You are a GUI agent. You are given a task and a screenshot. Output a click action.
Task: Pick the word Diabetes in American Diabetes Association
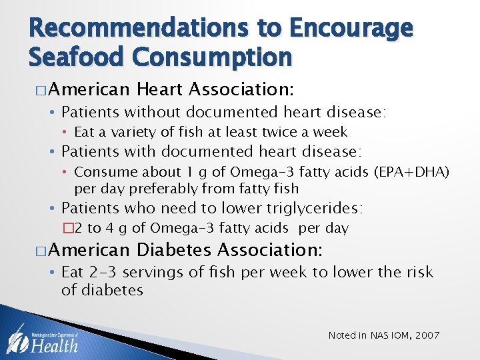(174, 251)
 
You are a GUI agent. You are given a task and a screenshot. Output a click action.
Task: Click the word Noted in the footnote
(343, 335)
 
